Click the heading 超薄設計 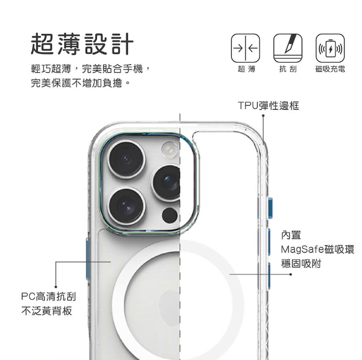tap(83, 44)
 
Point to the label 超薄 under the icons tap(246, 69)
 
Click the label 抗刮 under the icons tap(287, 69)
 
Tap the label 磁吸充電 tap(329, 69)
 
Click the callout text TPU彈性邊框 tap(268, 106)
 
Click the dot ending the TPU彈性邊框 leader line tap(263, 117)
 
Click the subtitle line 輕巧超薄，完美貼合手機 tap(91, 69)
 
